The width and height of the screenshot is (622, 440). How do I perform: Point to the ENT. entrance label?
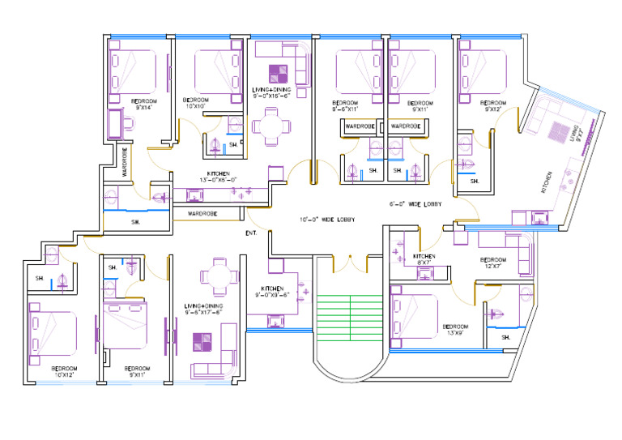coord(251,233)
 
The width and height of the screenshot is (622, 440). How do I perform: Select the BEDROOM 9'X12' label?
coord(492,106)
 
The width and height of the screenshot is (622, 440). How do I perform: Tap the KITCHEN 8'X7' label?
coord(425,259)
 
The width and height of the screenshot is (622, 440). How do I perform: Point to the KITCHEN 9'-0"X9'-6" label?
coord(272,292)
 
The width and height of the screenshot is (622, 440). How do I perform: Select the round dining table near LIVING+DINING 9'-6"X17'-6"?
coord(218,276)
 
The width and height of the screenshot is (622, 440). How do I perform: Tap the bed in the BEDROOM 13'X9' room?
coord(414,314)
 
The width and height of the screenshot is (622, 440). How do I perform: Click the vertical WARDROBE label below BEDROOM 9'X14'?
coord(125,161)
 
